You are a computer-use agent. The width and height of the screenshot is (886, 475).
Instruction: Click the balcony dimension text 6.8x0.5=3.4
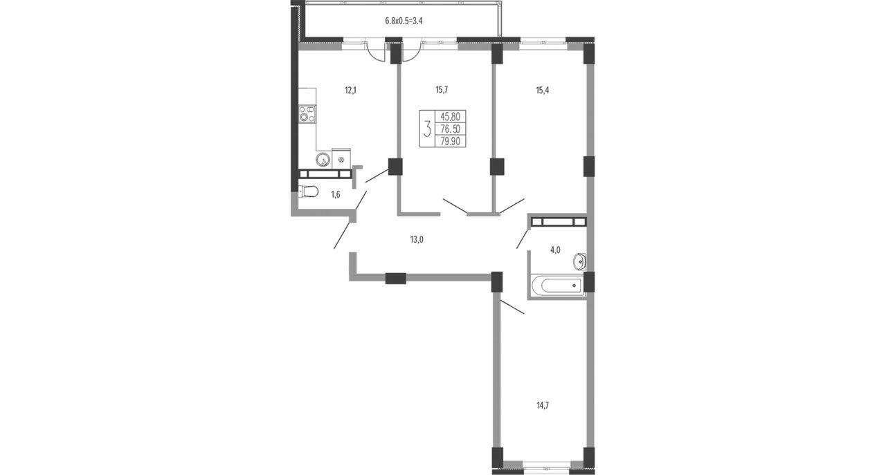[404, 21]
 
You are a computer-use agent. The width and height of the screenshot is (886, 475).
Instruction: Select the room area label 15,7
[442, 90]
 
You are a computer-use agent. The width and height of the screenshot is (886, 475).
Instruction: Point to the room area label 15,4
[542, 91]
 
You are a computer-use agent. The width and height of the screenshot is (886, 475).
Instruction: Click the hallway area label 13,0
[417, 239]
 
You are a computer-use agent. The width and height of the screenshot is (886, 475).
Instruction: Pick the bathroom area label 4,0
[555, 250]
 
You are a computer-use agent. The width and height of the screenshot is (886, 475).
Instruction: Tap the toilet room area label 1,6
[336, 194]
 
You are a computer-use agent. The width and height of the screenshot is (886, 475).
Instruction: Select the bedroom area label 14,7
[543, 405]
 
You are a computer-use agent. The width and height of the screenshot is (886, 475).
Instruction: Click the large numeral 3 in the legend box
[427, 129]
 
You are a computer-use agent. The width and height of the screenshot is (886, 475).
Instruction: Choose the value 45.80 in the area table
[451, 117]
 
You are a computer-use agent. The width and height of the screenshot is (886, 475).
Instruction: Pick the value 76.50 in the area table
[451, 129]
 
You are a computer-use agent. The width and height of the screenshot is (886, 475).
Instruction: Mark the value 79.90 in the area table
[451, 141]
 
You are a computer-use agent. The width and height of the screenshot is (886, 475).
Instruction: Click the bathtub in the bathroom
[558, 285]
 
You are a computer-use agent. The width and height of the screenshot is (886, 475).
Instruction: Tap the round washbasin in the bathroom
[579, 261]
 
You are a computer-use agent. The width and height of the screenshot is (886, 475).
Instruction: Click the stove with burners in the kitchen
[307, 114]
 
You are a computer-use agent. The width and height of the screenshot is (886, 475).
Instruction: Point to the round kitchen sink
[323, 160]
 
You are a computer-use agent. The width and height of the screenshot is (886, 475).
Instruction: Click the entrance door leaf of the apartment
[342, 236]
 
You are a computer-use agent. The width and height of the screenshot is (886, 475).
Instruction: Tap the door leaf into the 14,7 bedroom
[512, 307]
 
